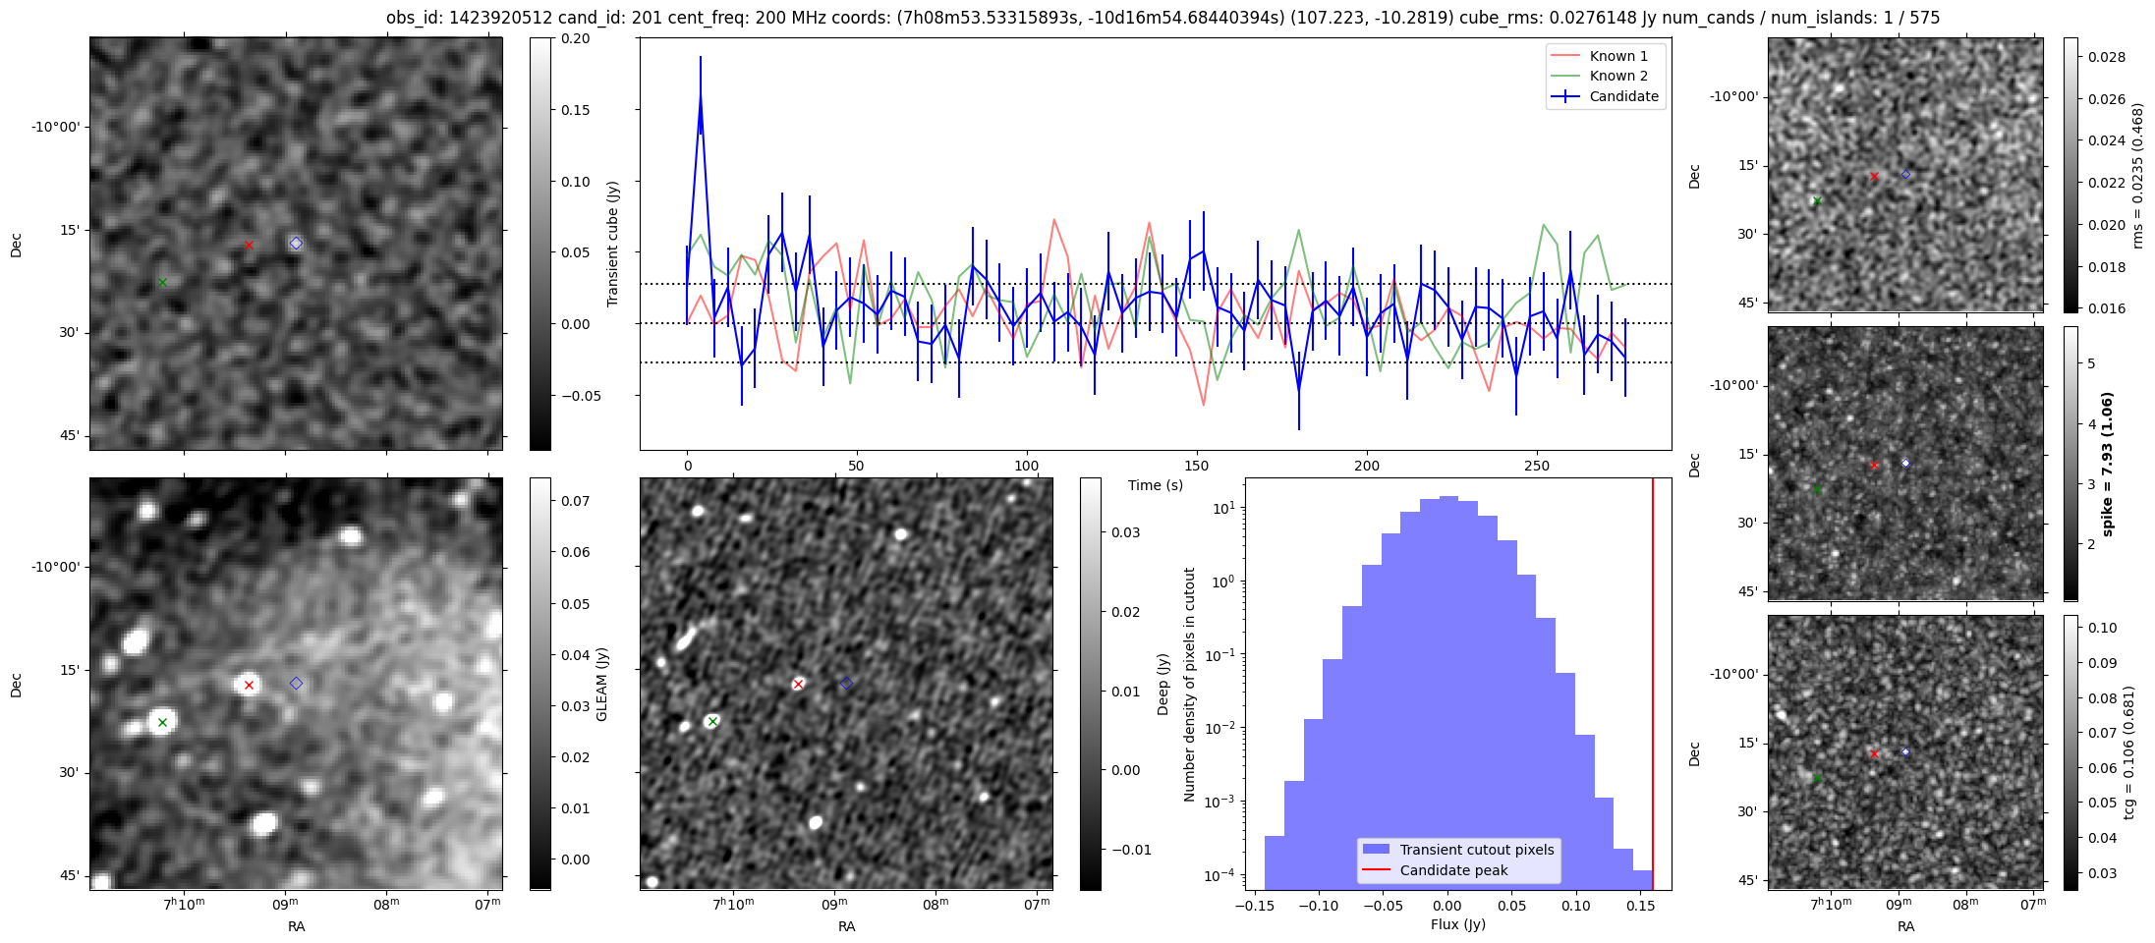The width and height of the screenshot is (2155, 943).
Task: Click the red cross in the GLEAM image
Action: click(249, 685)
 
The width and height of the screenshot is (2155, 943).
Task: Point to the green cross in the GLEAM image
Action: click(163, 722)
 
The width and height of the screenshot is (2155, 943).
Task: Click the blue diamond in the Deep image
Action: click(847, 683)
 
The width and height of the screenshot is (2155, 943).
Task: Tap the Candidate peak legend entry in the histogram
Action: click(1453, 870)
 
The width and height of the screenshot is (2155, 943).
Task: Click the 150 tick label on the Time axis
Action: click(1197, 466)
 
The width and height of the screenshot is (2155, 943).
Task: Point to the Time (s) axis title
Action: click(1156, 485)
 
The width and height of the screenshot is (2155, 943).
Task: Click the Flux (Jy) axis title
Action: click(1458, 924)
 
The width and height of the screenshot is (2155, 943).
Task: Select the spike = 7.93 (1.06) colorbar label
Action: click(2107, 464)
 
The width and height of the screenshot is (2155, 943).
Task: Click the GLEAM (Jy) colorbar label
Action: click(602, 684)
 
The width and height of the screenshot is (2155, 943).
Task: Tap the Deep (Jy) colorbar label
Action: click(1163, 684)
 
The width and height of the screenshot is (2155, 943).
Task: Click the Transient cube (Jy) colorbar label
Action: click(613, 244)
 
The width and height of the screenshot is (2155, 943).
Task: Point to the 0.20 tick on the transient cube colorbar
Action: click(576, 38)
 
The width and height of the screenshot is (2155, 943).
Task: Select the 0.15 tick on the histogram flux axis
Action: click(1640, 906)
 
